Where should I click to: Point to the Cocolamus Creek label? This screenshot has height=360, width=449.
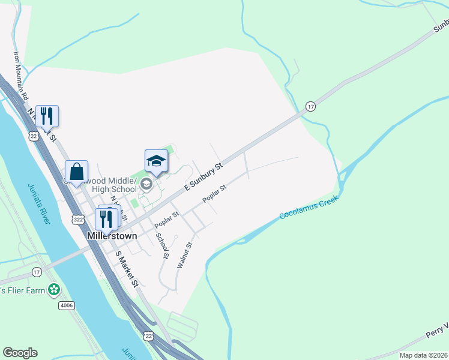[309, 207]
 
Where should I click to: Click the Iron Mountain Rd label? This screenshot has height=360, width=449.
[21, 75]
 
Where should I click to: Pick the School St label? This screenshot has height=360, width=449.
[162, 245]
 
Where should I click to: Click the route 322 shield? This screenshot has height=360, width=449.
[78, 220]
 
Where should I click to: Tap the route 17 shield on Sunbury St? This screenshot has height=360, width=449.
[310, 106]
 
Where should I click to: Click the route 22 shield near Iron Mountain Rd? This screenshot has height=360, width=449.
[33, 137]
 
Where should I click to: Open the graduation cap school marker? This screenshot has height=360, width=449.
[156, 161]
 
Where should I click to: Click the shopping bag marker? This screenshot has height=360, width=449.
[77, 172]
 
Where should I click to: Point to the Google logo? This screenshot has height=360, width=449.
[20, 353]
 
